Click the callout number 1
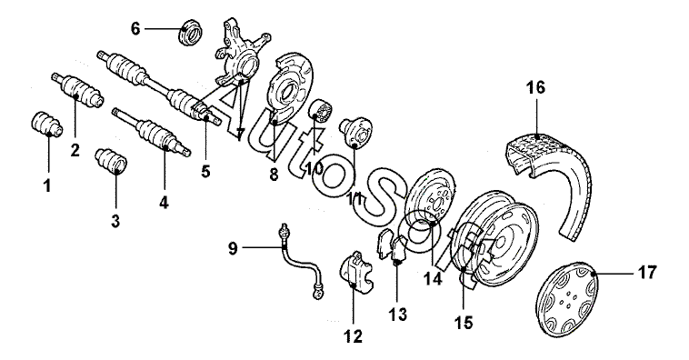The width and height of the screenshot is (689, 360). click(x=47, y=185)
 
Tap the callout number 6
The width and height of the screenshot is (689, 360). click(x=135, y=29)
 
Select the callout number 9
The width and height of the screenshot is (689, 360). click(x=233, y=249)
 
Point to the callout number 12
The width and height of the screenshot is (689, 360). click(x=354, y=336)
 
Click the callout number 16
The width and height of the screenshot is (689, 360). click(x=535, y=87)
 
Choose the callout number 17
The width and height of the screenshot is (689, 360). click(x=647, y=273)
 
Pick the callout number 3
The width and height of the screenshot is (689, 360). click(x=115, y=221)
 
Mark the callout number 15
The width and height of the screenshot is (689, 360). click(x=464, y=323)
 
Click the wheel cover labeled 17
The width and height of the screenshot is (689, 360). click(x=568, y=305)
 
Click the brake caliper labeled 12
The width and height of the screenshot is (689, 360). click(x=356, y=273)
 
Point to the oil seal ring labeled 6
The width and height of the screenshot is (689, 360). click(x=191, y=31)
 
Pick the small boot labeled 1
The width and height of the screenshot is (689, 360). click(x=47, y=124)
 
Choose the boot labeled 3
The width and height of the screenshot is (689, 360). click(x=111, y=162)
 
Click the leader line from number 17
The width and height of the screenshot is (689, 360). click(x=615, y=273)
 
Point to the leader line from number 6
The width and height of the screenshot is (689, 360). click(x=164, y=29)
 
